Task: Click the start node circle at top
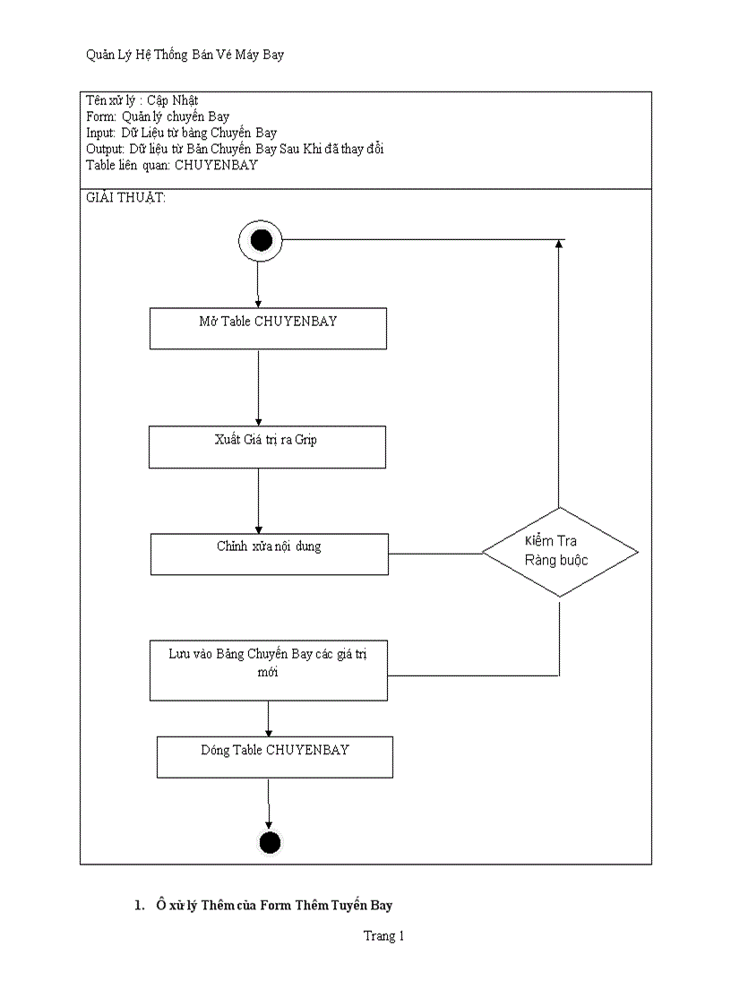tap(261, 240)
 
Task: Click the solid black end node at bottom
tap(269, 843)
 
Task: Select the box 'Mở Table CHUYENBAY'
tap(267, 328)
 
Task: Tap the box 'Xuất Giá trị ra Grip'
tap(267, 446)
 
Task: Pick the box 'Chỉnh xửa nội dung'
tap(269, 554)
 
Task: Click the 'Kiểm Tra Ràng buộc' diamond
tap(560, 552)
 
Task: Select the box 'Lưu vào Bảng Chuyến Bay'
tap(269, 668)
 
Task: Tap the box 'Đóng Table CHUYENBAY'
tap(274, 756)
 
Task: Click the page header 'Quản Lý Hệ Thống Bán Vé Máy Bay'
tap(185, 56)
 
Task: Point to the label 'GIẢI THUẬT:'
tap(125, 198)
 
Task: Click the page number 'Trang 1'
tap(383, 936)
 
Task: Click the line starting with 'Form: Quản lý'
tap(158, 116)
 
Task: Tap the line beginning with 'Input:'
tap(181, 133)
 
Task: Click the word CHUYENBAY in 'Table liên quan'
tap(216, 165)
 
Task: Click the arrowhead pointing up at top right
tap(559, 245)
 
